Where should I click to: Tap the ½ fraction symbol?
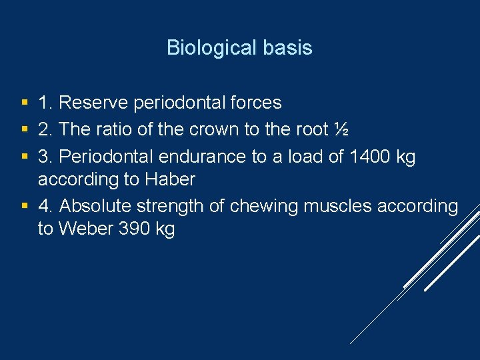pos(341,129)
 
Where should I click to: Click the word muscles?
pos(338,206)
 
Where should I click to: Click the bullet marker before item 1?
pos(24,103)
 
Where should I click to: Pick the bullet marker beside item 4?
pos(24,207)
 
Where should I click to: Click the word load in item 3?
pos(301,157)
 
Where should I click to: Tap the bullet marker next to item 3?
pos(24,157)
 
